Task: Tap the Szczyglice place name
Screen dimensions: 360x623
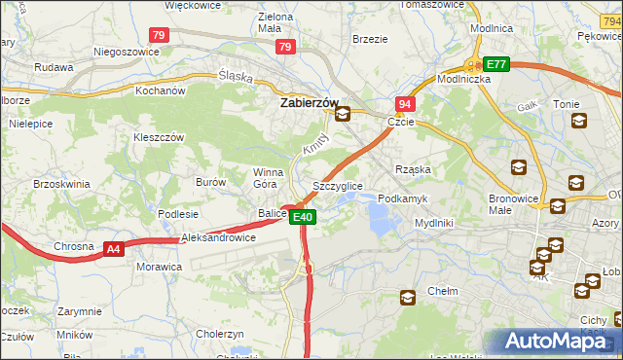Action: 338,185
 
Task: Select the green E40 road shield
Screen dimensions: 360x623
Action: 303,217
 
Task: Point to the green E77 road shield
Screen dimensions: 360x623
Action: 496,64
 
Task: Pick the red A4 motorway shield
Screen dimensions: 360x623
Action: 114,249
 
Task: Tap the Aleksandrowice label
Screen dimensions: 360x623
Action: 218,237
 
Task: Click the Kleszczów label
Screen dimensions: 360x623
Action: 159,138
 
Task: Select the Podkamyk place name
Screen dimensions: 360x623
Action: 402,198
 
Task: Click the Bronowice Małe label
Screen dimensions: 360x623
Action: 514,203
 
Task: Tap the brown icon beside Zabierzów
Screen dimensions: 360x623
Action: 343,115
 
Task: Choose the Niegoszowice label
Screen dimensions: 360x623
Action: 125,52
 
